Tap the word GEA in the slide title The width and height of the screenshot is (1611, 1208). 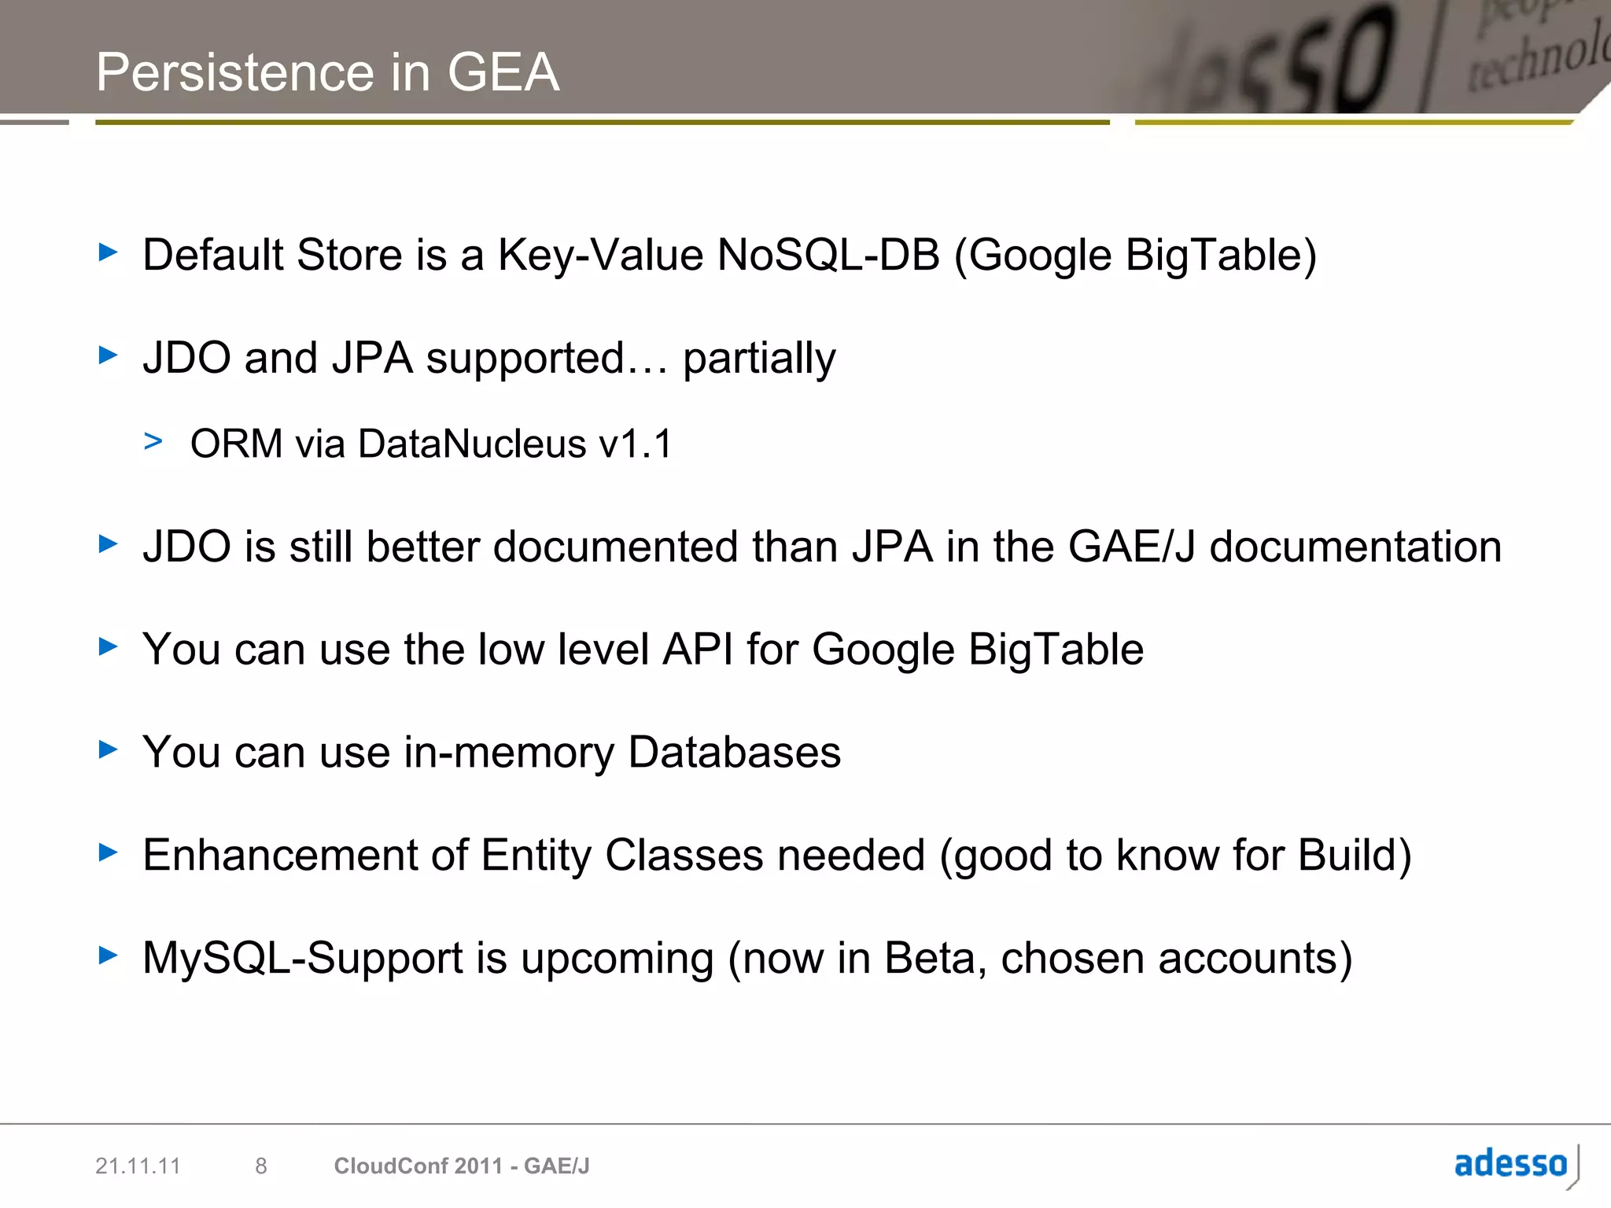click(503, 72)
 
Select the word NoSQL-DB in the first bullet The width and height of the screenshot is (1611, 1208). click(828, 255)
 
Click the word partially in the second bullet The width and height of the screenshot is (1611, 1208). click(758, 359)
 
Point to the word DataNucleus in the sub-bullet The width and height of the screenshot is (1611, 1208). click(472, 444)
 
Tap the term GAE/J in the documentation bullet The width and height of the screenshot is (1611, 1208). click(1132, 547)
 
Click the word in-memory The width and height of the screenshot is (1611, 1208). click(508, 753)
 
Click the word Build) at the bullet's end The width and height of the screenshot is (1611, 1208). click(1355, 855)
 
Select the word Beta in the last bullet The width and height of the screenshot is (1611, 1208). click(930, 959)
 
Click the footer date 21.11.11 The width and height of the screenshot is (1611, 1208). click(138, 1166)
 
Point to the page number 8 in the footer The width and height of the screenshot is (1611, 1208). click(261, 1166)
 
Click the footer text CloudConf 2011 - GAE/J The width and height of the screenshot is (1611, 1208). click(462, 1166)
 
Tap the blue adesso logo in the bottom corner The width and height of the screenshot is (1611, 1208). click(1511, 1164)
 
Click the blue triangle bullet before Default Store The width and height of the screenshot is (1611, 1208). click(108, 252)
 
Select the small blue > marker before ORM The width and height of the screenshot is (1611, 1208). click(153, 441)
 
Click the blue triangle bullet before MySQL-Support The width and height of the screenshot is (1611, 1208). click(108, 956)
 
